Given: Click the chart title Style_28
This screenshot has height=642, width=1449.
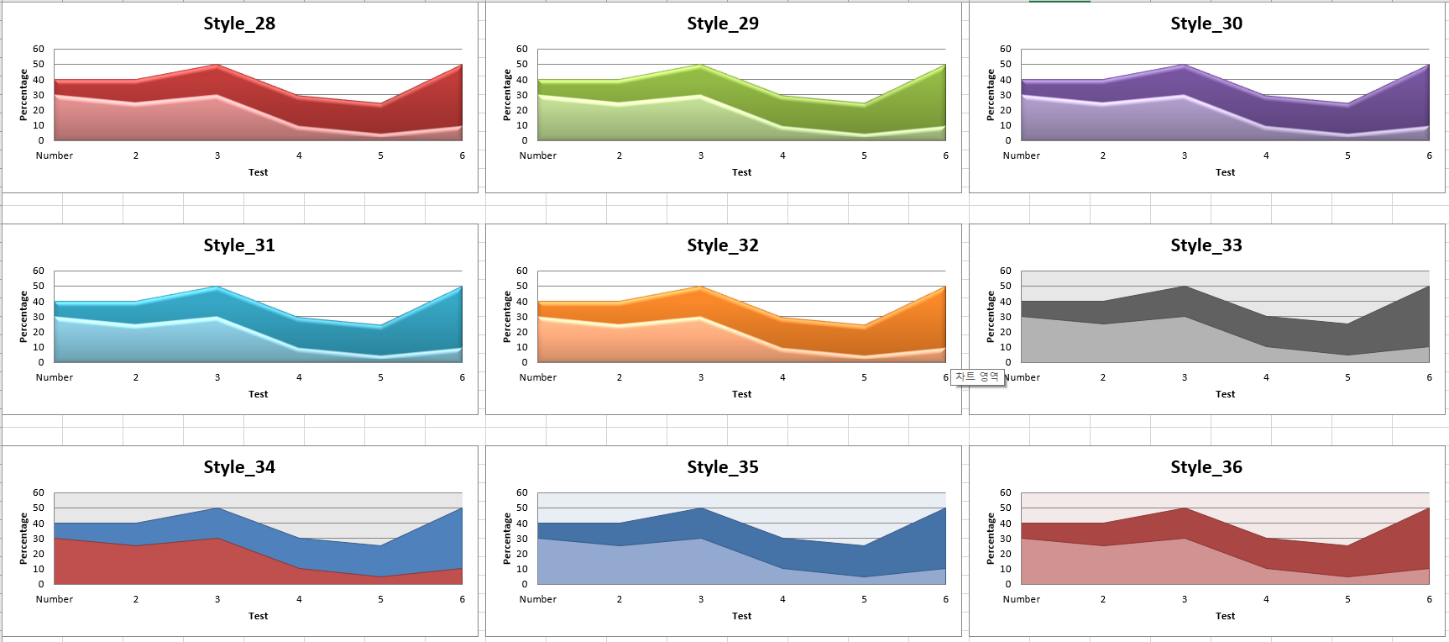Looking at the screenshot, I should tap(239, 24).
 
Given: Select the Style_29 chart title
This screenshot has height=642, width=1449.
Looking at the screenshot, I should tap(723, 24).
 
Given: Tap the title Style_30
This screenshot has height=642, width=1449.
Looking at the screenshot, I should tap(1206, 24).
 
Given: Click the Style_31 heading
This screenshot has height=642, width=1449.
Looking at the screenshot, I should tap(239, 245).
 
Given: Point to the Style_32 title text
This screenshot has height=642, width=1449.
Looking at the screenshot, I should tap(723, 245).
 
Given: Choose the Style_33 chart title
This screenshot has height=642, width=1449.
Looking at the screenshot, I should tap(1206, 245).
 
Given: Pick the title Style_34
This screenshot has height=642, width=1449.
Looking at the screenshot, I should tap(239, 467).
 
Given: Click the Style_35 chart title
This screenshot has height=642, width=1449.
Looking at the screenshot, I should tap(723, 467).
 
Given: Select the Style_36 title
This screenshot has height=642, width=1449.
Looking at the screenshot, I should tap(1206, 467).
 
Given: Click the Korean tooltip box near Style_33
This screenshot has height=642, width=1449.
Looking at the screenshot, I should tap(977, 377).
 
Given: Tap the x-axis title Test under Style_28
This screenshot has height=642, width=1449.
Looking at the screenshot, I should tap(258, 172).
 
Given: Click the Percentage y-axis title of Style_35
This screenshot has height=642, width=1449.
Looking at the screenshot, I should tap(507, 538).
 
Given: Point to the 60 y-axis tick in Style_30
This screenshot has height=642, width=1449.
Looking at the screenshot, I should tap(1006, 49).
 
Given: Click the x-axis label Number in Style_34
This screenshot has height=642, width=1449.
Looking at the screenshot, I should tap(55, 599).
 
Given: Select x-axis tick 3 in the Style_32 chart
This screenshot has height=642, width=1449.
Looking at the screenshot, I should tap(701, 377).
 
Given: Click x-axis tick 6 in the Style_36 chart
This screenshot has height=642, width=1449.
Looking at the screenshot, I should tap(1429, 599).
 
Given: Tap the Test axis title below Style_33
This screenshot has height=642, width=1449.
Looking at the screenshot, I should tap(1225, 394).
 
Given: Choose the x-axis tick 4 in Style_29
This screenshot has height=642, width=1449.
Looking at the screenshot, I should tap(782, 155).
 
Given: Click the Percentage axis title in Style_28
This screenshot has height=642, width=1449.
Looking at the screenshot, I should tap(24, 94).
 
